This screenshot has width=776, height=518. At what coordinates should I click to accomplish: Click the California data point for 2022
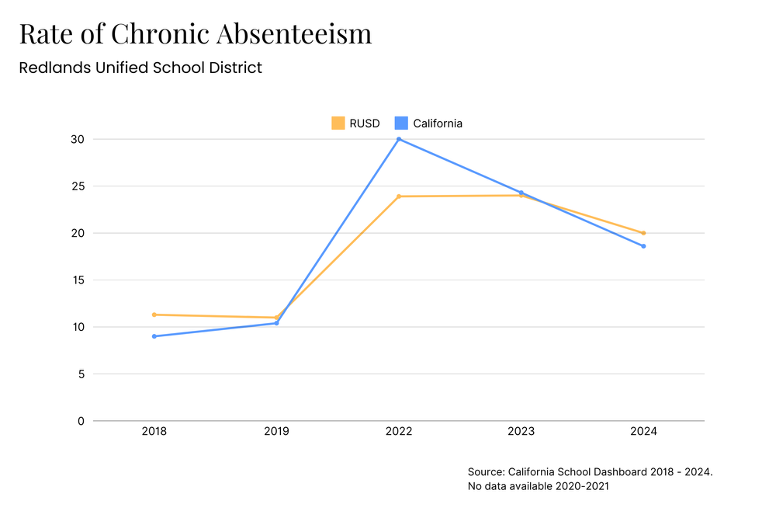pyautogui.click(x=399, y=139)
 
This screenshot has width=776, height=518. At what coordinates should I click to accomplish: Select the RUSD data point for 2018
pyautogui.click(x=154, y=315)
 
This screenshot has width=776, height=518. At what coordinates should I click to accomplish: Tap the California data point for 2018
pyautogui.click(x=154, y=336)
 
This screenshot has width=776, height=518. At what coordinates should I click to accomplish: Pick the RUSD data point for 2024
pyautogui.click(x=643, y=233)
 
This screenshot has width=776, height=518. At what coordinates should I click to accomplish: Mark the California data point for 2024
pyautogui.click(x=643, y=246)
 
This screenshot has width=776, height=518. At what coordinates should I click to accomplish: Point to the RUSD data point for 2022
pyautogui.click(x=399, y=196)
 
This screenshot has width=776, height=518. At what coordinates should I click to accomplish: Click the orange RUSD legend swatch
pyautogui.click(x=338, y=123)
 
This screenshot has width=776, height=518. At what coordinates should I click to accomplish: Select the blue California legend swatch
pyautogui.click(x=401, y=123)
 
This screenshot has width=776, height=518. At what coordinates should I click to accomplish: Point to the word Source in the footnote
pyautogui.click(x=485, y=471)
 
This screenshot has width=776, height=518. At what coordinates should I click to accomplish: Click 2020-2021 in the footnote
pyautogui.click(x=578, y=486)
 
